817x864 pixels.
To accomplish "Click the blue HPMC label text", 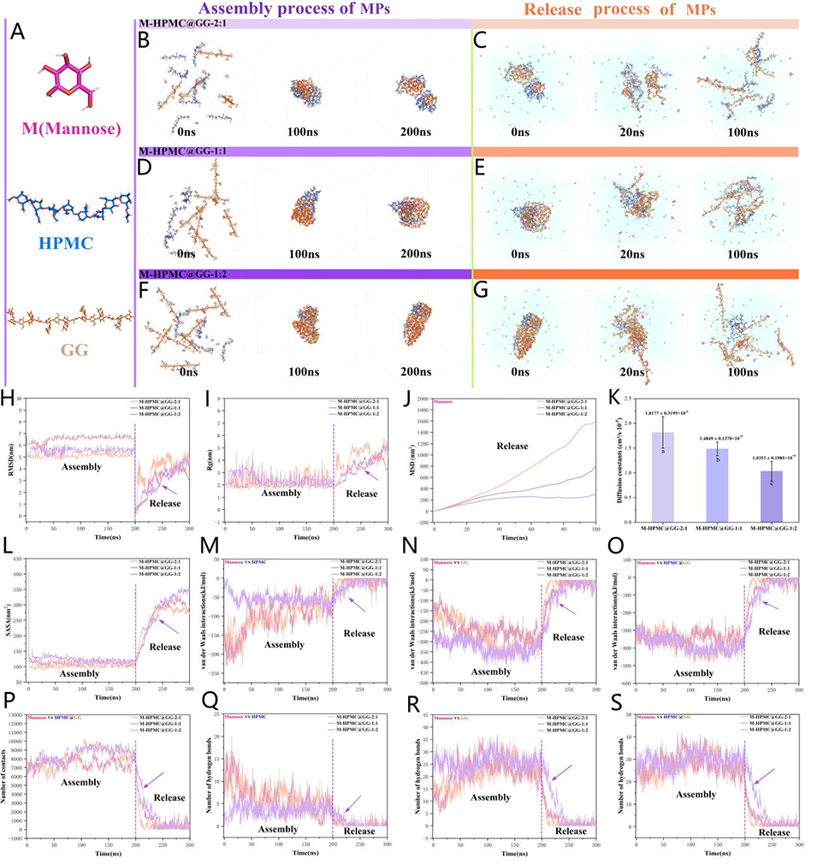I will click(67, 244).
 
